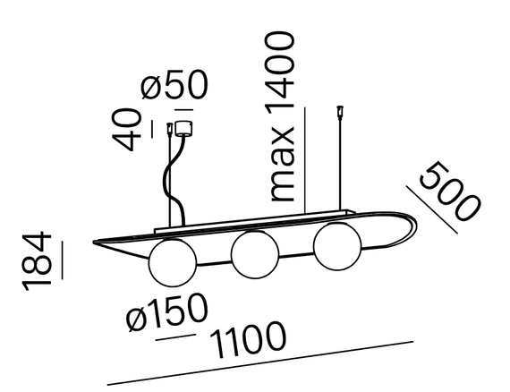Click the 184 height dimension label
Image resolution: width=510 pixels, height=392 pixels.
tap(37, 260)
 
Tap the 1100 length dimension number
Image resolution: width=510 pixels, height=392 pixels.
tap(248, 339)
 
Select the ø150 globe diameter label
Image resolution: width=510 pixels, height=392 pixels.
tap(166, 312)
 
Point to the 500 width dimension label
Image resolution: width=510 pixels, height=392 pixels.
tap(450, 191)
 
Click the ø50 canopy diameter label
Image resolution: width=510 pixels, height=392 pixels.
tap(174, 85)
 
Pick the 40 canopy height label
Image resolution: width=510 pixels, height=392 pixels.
tap(126, 130)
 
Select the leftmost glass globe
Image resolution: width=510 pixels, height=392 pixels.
tap(173, 263)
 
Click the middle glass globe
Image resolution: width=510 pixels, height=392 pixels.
tap(255, 254)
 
